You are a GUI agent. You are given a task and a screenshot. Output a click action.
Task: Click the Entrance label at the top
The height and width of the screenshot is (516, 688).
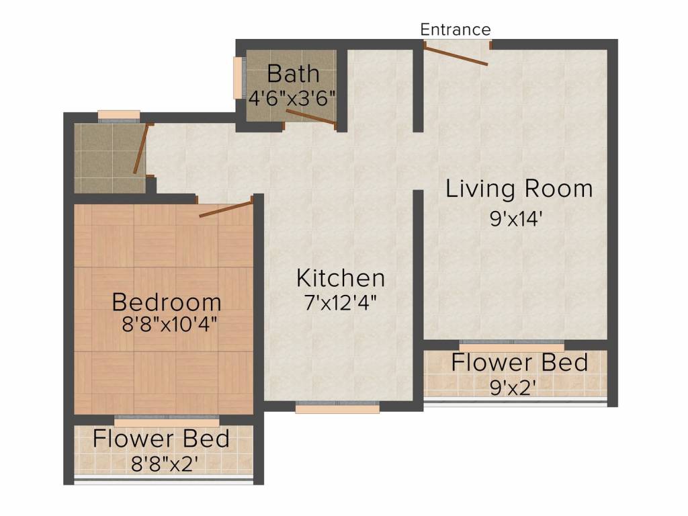456,30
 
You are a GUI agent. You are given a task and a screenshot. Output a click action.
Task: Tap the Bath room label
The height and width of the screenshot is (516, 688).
293,73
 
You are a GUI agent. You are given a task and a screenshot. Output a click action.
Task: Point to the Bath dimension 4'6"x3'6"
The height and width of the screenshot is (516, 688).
292,97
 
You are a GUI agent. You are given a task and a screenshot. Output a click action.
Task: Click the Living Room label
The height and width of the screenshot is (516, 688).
519,189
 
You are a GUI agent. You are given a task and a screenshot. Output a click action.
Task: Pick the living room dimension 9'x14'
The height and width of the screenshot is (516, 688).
516,220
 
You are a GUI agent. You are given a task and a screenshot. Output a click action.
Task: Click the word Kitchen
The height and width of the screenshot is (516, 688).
341,277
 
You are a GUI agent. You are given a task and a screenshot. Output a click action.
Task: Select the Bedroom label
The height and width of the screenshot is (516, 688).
167,300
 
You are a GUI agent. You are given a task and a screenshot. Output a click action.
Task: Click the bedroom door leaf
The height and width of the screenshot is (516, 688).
226,208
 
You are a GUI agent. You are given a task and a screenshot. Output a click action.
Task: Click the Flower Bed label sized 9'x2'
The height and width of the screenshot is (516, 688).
519,363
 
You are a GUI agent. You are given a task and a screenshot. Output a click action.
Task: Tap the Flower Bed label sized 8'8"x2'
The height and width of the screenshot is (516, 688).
161,439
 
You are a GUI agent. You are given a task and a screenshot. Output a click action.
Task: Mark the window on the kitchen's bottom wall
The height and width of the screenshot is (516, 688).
337,407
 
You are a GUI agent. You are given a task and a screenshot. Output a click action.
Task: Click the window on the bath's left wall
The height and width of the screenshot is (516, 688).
237,78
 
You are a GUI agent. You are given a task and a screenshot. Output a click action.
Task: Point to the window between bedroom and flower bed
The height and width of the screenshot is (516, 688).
167,421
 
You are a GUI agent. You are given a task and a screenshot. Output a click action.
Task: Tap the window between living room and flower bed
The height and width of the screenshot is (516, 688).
511,345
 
